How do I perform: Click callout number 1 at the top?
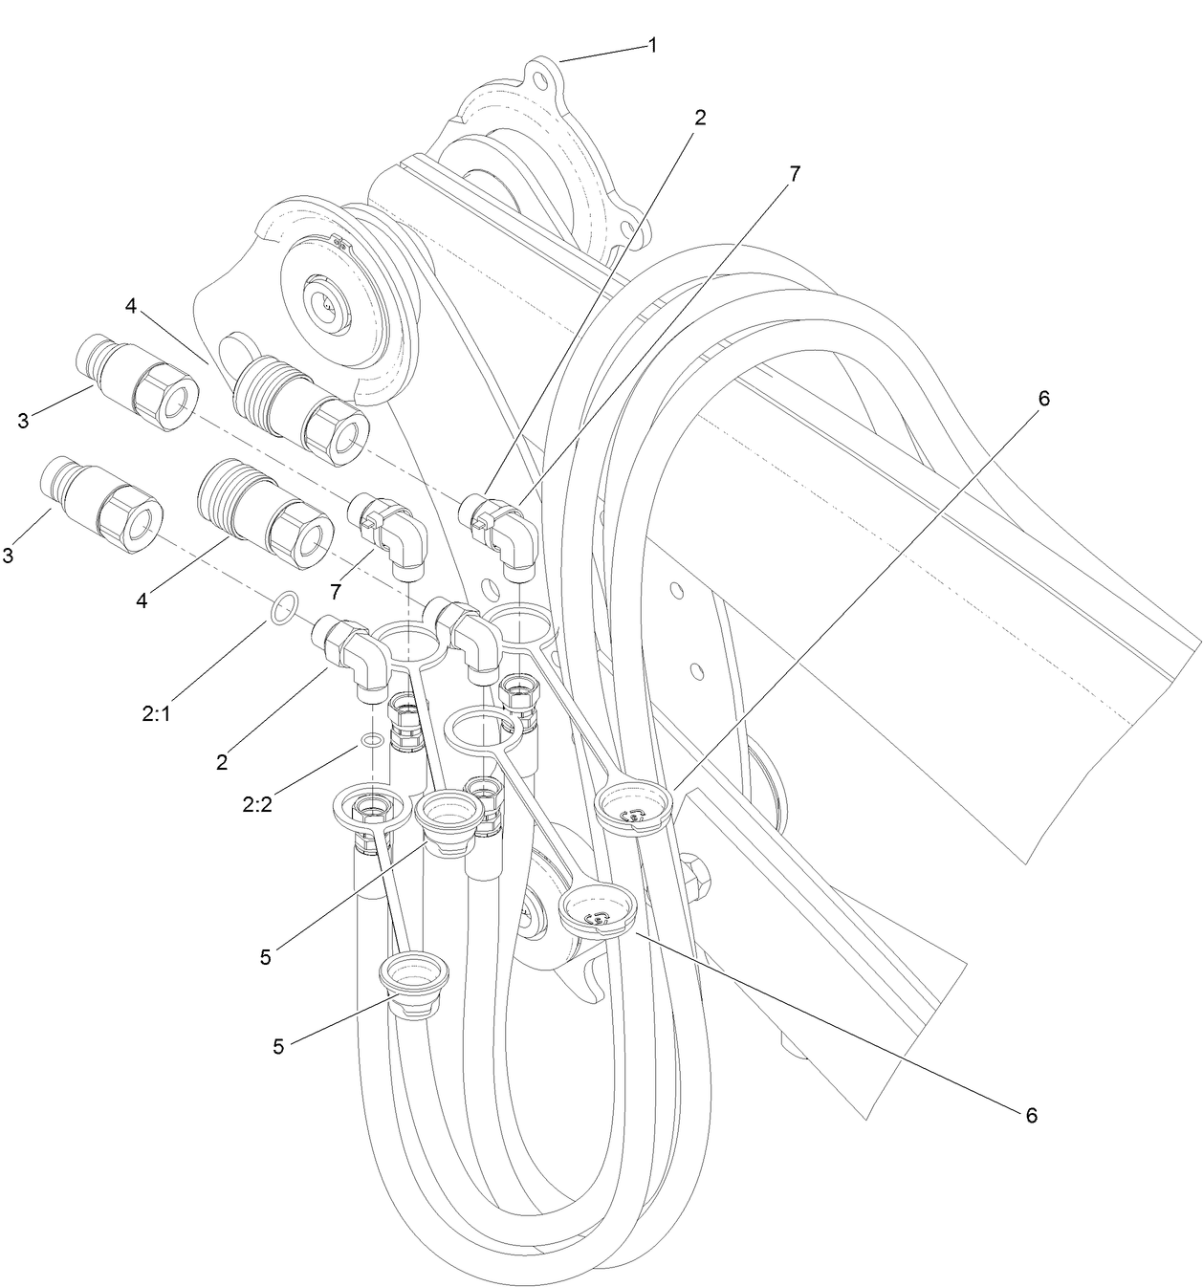pos(652,45)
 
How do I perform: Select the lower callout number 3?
pos(8,555)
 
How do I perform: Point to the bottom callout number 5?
pos(278,1046)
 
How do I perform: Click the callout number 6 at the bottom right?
pos(1031,1114)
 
